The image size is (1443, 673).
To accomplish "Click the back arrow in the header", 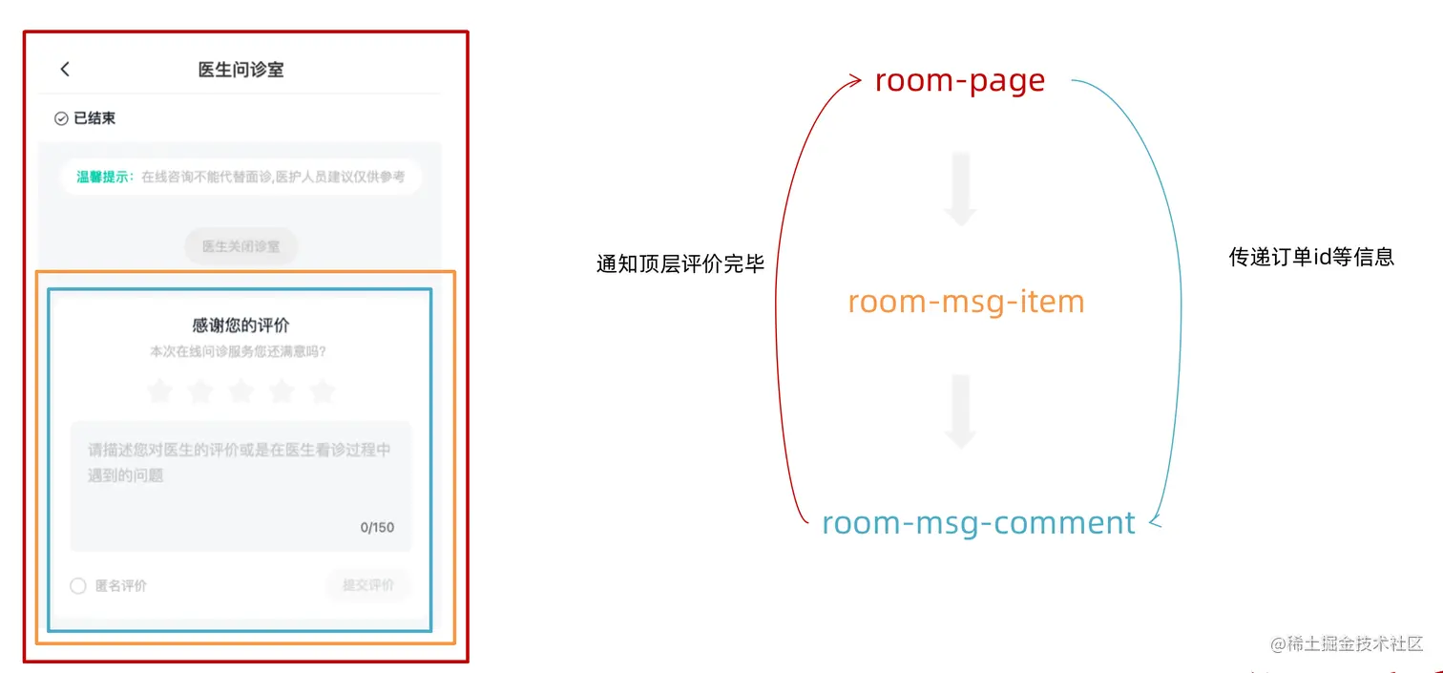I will [65, 69].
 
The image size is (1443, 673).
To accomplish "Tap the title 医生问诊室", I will [240, 70].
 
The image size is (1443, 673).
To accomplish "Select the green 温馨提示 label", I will [105, 177].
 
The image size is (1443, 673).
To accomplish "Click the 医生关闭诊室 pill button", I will [240, 246].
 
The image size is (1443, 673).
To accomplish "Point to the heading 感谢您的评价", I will [240, 326].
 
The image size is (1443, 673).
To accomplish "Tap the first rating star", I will [159, 390].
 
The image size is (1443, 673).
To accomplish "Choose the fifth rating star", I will [323, 390].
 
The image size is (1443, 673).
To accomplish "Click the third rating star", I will [240, 390].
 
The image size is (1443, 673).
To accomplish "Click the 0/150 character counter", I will [377, 527].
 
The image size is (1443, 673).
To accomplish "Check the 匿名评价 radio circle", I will [78, 586].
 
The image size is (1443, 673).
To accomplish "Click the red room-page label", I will [960, 81].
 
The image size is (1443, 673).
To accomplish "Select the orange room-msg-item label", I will [966, 302].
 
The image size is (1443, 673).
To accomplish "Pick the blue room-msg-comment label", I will [978, 523].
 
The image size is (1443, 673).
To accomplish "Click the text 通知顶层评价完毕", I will [680, 264].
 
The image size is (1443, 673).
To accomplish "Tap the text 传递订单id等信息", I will [1311, 257].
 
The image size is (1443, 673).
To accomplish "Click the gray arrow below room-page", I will [960, 188].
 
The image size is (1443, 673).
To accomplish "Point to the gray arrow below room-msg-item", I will [960, 411].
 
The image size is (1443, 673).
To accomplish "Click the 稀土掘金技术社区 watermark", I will [1347, 644].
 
